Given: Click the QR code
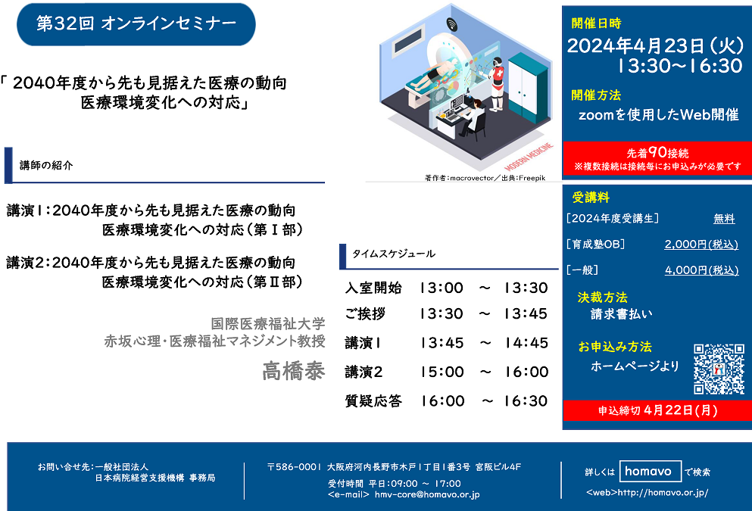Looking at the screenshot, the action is tap(719, 369).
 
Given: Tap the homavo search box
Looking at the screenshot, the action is tap(651, 471).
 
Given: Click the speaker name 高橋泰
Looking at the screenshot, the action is tap(294, 371).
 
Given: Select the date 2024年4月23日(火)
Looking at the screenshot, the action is tap(656, 46).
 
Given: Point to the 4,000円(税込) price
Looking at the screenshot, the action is tap(702, 270).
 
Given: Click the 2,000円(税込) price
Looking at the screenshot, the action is tap(701, 245).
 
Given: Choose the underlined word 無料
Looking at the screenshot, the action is tap(724, 219).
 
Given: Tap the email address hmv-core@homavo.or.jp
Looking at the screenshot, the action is tap(427, 494).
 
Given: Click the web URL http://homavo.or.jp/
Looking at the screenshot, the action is tap(663, 492).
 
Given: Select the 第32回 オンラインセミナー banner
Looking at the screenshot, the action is tap(136, 24).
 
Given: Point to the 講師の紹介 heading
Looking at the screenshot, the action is tap(46, 165).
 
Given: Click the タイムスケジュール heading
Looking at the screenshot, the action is tap(394, 254).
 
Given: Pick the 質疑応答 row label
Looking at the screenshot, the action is tap(373, 400).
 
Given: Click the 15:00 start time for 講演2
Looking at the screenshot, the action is tap(442, 372).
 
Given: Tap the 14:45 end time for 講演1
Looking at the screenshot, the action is tap(526, 343).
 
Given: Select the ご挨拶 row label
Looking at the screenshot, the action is tap(365, 314).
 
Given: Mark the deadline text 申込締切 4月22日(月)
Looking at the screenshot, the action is tap(657, 410).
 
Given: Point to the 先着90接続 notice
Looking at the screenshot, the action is tap(657, 153).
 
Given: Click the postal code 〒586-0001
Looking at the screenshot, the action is tap(294, 467).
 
